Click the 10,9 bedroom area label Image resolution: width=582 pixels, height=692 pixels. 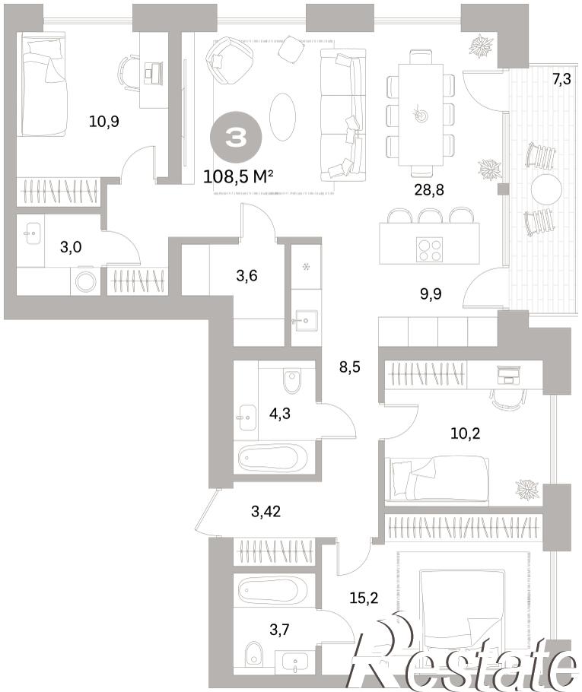pyautogui.click(x=103, y=121)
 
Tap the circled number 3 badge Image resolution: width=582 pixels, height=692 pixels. pyautogui.click(x=236, y=137)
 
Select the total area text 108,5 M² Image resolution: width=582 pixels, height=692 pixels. pyautogui.click(x=238, y=177)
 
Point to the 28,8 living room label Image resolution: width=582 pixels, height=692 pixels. pyautogui.click(x=429, y=190)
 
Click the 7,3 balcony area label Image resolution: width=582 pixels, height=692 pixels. pyautogui.click(x=561, y=79)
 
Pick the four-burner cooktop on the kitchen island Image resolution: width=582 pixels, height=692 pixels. pyautogui.click(x=429, y=249)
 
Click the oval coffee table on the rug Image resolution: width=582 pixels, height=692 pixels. pyautogui.click(x=282, y=117)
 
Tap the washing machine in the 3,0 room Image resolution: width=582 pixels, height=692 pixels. pyautogui.click(x=86, y=281)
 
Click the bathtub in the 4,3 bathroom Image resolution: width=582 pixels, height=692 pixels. pyautogui.click(x=273, y=458)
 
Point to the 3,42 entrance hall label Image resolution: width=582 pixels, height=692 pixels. pyautogui.click(x=266, y=512)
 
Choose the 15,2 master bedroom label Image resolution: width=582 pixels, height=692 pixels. pyautogui.click(x=364, y=598)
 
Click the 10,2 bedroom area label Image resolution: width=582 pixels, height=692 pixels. pyautogui.click(x=466, y=433)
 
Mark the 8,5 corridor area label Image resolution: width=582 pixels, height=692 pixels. pyautogui.click(x=350, y=367)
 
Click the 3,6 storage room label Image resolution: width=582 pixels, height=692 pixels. pyautogui.click(x=246, y=276)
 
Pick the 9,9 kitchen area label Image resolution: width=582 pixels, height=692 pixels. pyautogui.click(x=431, y=294)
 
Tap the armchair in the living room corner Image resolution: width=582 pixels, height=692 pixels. pyautogui.click(x=229, y=60)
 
